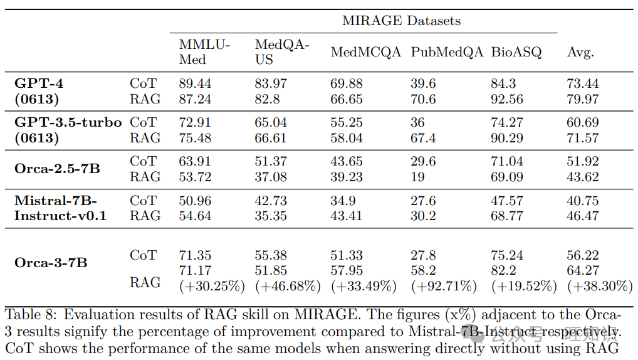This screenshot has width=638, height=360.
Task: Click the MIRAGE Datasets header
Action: point(401,21)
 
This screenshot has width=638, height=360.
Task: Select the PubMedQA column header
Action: point(447,52)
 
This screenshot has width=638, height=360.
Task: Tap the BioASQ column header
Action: point(516,52)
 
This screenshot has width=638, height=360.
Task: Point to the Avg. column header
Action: point(580,52)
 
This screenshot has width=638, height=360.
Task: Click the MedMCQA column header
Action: point(365,52)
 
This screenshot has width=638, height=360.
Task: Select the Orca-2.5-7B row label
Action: point(57,169)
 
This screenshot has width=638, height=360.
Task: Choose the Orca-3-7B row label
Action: point(51,262)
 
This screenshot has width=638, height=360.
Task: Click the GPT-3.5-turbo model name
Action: point(68,122)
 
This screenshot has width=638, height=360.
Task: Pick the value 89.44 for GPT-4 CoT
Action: point(195,83)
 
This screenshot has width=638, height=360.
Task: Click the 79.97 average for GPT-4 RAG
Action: point(583,99)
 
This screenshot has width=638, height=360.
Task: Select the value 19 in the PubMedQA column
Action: point(418,177)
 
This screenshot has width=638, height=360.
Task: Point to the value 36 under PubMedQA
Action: point(418,122)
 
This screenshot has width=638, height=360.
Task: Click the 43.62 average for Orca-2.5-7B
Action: point(583,177)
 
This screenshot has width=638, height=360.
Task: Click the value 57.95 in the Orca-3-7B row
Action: point(347,271)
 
